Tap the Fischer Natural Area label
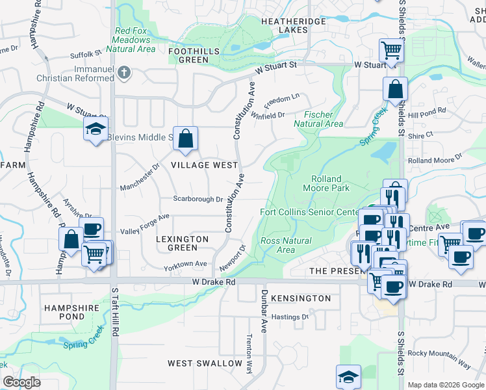pos(318,118)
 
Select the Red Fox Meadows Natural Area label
pos(134,40)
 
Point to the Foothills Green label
pos(188,55)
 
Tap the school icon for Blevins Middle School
pos(95,129)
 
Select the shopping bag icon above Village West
pos(185,138)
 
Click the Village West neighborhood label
pos(204,165)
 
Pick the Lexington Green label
pos(183,243)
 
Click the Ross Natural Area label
pos(286,245)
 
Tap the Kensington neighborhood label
pos(301,298)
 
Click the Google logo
pos(21,382)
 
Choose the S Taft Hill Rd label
pos(114,313)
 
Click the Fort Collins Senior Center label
pos(309,212)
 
